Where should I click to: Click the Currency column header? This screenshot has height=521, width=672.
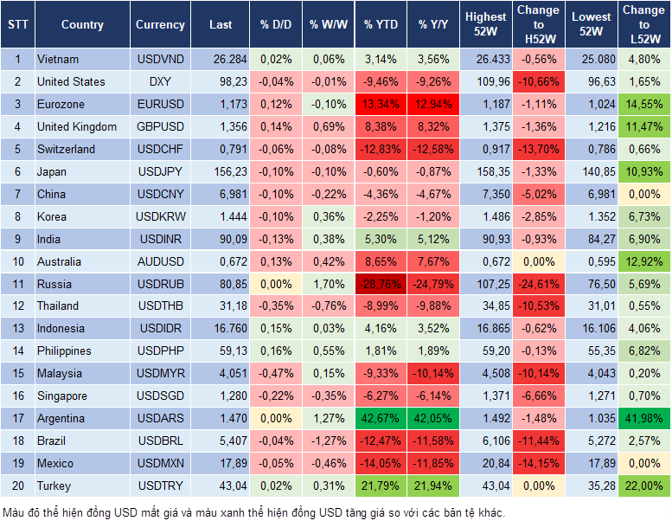pos(160,25)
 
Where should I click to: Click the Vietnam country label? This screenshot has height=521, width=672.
pos(58,60)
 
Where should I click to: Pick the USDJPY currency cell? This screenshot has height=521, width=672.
pos(160,171)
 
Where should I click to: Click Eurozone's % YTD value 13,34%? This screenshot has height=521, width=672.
pos(381,105)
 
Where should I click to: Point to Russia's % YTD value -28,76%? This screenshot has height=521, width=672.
pos(381,284)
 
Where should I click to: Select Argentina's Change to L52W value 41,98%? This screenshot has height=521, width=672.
pos(643,419)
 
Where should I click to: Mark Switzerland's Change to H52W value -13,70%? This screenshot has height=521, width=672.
pos(538,149)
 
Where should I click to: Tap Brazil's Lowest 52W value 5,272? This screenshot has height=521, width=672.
pos(591,441)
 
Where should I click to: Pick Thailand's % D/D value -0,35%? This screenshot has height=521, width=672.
pos(276,306)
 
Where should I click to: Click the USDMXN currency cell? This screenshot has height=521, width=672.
pos(160,464)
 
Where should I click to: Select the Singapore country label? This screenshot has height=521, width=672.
pos(62,396)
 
